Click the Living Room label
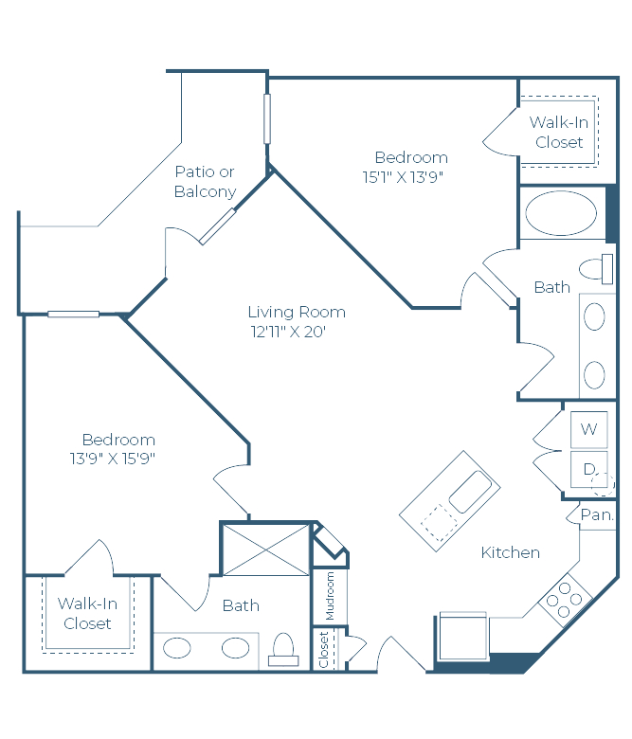297,313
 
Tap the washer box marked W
588,429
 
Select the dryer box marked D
588,469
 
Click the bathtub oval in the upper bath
561,213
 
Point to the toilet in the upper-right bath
596,269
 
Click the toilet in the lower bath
283,649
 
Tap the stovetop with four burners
564,600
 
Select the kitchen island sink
471,492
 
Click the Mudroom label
330,596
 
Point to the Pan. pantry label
597,515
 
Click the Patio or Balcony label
205,182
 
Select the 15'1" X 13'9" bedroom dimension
403,177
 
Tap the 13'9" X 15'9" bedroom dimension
113,459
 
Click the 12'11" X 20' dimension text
288,332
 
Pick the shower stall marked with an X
266,550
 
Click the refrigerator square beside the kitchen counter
463,636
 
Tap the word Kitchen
511,553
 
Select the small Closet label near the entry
324,650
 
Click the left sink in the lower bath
177,648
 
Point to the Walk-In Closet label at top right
559,133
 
